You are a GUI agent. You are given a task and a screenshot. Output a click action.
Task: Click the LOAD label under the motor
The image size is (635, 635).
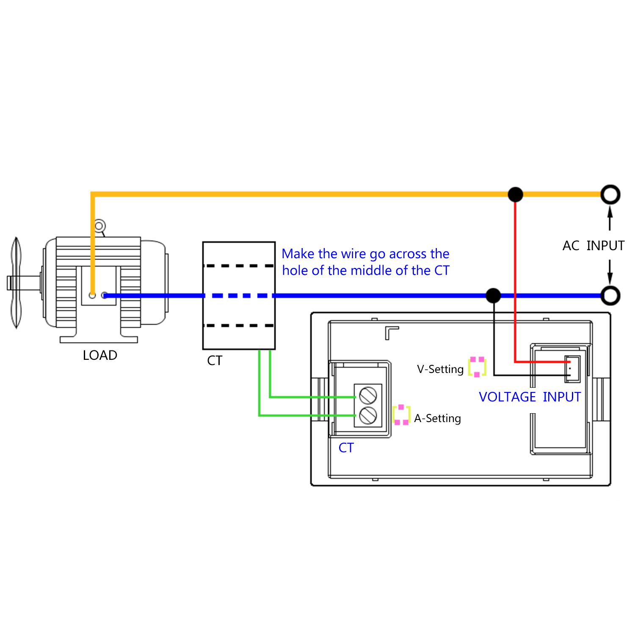[x=100, y=355]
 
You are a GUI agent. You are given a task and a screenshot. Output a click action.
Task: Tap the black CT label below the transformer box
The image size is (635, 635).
[x=215, y=361]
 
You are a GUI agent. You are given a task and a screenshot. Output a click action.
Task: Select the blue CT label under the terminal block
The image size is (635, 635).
[x=346, y=448]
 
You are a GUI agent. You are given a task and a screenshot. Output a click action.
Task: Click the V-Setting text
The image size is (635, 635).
[x=440, y=369]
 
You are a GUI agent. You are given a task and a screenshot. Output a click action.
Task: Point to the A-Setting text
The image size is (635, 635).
[x=437, y=418]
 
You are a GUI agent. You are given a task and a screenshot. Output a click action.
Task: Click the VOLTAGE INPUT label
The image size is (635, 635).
[x=530, y=397]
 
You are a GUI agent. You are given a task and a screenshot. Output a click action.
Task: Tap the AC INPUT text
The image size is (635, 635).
[x=593, y=246]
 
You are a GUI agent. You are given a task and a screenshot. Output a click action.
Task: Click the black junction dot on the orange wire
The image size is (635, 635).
[x=515, y=195]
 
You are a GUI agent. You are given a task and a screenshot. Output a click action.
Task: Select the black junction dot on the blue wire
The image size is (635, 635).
[x=493, y=295]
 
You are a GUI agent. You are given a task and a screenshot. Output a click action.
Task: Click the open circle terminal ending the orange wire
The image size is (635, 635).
[x=610, y=195]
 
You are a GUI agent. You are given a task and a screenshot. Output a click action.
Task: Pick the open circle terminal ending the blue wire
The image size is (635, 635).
[x=610, y=295]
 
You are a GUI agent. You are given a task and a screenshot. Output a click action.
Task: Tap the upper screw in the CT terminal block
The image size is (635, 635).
[x=368, y=396]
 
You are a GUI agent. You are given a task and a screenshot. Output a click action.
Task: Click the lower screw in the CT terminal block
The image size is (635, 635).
[x=368, y=415]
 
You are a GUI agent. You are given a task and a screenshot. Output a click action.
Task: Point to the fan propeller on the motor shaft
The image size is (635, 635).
[x=16, y=283]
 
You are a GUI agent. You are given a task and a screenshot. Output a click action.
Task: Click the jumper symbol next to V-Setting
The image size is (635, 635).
[x=477, y=367]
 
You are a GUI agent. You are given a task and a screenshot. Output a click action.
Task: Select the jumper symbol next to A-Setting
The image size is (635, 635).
[x=401, y=415]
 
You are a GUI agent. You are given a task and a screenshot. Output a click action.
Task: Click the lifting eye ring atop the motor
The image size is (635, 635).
[x=99, y=226]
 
